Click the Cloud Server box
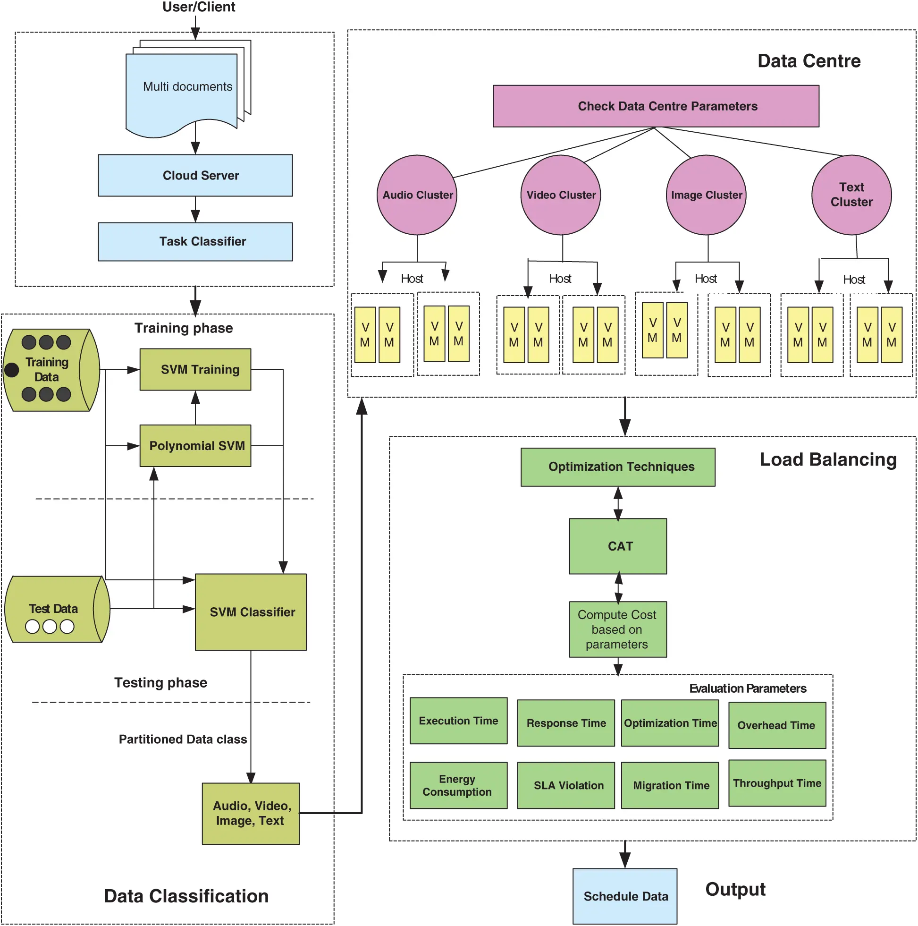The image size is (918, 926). point(195,175)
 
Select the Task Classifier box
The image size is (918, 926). point(195,242)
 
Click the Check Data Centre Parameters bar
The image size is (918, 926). point(656,106)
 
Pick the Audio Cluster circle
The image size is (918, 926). point(417,195)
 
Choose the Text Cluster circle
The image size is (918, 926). point(851,195)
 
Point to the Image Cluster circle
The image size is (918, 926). point(706,195)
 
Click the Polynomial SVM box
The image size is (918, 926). point(195,446)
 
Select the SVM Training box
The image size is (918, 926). point(195,370)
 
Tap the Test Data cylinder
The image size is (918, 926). point(55,609)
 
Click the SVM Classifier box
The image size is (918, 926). point(251,612)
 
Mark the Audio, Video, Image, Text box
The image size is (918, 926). point(251,813)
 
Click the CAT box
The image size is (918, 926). point(618,546)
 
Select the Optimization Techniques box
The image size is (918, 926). point(618,467)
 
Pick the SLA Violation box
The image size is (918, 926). point(566,786)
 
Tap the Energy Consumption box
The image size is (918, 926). point(458,786)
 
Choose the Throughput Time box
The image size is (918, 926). point(777,783)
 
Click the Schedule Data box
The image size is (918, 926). point(625,896)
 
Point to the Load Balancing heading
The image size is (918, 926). point(828,459)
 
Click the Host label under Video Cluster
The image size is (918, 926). point(560,279)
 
